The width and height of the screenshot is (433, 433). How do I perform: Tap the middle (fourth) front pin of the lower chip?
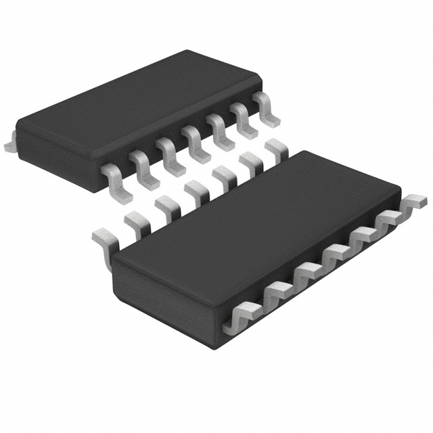pyautogui.click(x=334, y=255)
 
